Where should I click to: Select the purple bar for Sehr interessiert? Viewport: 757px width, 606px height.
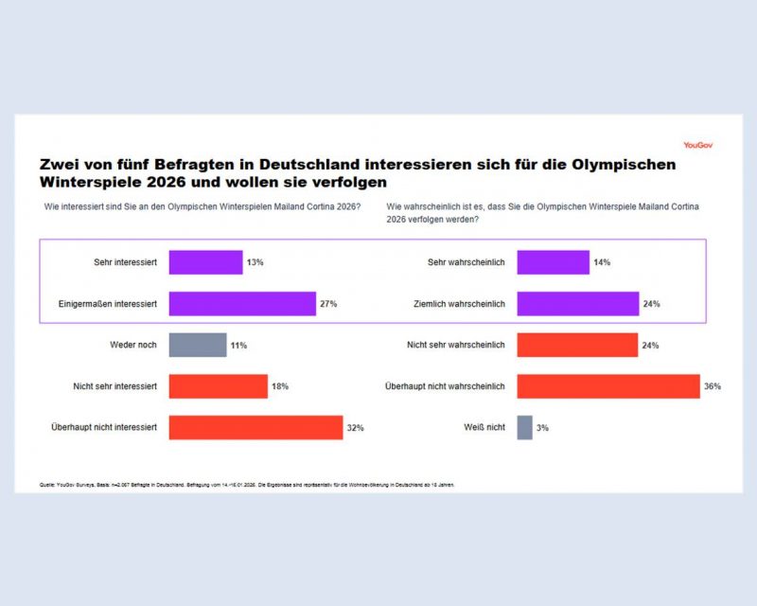click(x=205, y=262)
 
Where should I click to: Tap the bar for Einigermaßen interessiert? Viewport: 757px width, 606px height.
click(x=242, y=304)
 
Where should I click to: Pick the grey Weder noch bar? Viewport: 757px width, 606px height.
click(x=198, y=345)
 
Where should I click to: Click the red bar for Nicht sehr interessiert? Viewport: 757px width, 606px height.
click(x=218, y=386)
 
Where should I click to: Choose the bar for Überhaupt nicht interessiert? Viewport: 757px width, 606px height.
click(x=255, y=427)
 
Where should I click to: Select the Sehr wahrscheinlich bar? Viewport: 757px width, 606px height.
click(x=553, y=262)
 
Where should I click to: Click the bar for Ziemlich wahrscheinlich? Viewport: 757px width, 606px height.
click(x=577, y=304)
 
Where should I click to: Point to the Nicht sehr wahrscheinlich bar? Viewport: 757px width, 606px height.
click(x=577, y=345)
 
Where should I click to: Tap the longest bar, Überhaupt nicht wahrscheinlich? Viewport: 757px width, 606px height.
click(x=607, y=386)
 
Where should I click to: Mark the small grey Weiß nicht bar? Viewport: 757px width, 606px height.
click(x=524, y=427)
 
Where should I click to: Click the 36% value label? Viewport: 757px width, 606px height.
click(x=713, y=386)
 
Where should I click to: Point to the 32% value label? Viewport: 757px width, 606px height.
click(x=355, y=428)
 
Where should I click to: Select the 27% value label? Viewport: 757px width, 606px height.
click(x=328, y=304)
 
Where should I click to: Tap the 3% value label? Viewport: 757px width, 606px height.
click(x=543, y=428)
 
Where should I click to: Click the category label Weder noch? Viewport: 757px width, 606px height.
click(x=133, y=345)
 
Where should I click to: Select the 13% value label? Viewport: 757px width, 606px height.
click(x=255, y=262)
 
